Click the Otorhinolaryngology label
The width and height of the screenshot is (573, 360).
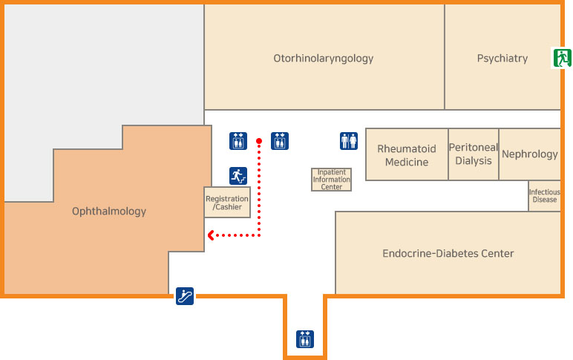(323, 58)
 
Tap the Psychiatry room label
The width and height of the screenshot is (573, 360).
(502, 58)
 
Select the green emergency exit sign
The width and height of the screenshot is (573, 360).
(561, 58)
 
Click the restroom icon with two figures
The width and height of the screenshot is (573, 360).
(349, 140)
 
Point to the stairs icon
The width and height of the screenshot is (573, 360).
(238, 176)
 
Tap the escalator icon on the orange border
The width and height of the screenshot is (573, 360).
(185, 296)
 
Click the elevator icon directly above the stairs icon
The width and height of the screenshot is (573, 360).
(238, 140)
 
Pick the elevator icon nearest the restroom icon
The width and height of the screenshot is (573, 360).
(280, 140)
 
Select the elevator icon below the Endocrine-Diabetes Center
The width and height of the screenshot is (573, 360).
(305, 338)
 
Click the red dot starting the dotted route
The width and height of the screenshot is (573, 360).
(259, 140)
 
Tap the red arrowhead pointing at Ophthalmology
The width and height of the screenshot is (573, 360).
(212, 236)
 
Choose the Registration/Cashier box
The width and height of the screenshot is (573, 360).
(227, 203)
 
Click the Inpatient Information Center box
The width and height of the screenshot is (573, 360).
(331, 180)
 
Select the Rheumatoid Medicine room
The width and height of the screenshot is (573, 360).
(407, 154)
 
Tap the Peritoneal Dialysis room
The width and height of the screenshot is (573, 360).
(474, 154)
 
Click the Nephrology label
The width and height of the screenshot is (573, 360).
(530, 154)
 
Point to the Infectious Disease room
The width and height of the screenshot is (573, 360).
(544, 196)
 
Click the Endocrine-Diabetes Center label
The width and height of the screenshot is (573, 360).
(448, 253)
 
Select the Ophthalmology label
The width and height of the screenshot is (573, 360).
(109, 212)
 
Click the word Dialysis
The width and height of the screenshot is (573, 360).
(474, 160)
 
